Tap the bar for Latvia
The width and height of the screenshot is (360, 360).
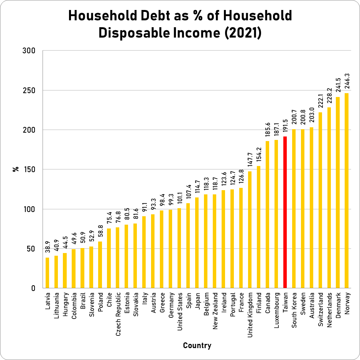pos(47,273)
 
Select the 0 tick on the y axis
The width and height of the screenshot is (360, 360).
pos(33,288)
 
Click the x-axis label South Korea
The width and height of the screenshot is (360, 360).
pos(294,308)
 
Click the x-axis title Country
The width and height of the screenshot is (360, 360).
pos(197,345)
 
